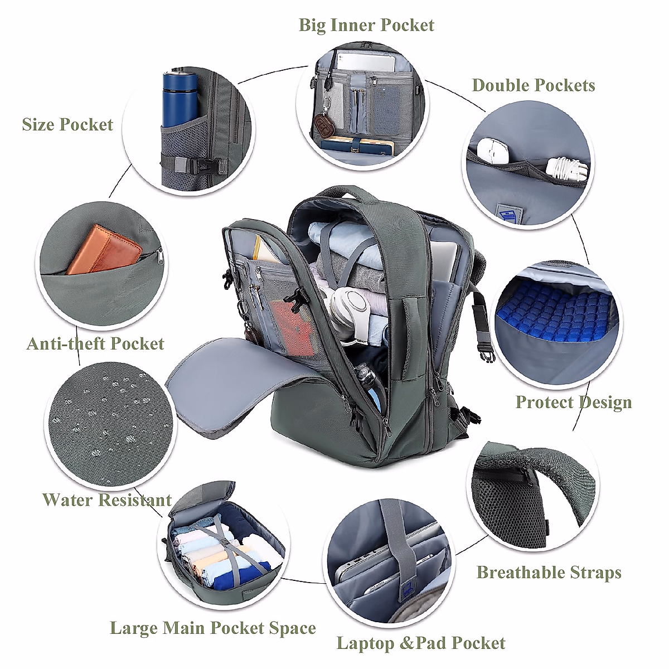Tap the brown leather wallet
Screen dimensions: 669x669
pos(103,250)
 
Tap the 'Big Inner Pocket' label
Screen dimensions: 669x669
pos(366,25)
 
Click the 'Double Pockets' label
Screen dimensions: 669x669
pos(534,85)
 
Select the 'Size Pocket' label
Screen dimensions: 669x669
pos(67,124)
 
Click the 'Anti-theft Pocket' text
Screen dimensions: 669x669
pos(95,343)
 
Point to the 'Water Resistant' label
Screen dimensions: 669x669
pos(106,500)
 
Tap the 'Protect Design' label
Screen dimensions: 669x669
pos(573,402)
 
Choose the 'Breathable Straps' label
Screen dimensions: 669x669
pos(549,573)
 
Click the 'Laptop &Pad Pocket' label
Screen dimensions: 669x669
pos(421,643)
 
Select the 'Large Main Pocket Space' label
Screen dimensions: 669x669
pos(213,628)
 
